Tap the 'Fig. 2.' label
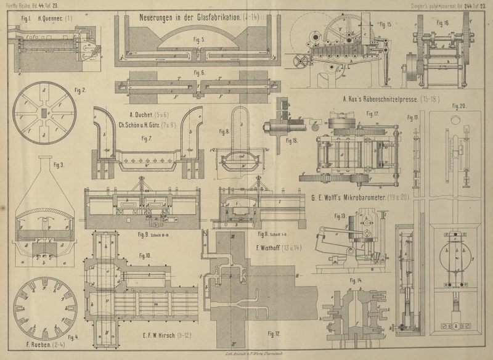pos(80,91)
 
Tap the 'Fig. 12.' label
pos(274,333)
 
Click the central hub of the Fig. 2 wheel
pos(43,113)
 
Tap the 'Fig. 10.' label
pos(145,255)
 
